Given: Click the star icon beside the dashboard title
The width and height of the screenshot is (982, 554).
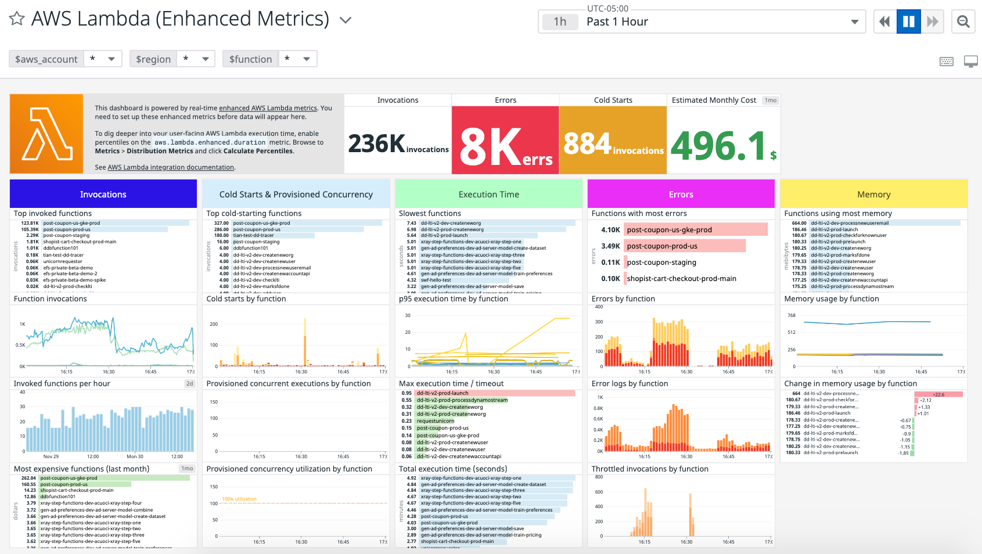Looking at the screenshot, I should click(17, 19).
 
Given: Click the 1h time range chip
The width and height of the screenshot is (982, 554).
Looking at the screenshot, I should click(560, 22).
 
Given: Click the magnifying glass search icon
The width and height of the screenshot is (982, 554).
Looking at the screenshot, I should click(963, 22).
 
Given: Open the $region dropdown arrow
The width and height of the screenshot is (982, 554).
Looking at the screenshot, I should click(205, 59).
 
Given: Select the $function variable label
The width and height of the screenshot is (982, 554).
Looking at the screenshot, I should click(250, 59).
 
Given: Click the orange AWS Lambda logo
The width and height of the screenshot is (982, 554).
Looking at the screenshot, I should click(46, 134).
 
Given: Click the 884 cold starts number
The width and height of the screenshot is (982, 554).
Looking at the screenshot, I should click(588, 143).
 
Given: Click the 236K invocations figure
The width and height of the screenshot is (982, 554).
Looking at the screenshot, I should click(377, 144).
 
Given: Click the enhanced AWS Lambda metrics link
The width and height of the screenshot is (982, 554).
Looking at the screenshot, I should click(268, 108).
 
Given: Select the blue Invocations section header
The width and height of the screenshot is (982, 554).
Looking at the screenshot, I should click(103, 194).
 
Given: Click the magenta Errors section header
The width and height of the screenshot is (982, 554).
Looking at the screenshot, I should click(681, 194).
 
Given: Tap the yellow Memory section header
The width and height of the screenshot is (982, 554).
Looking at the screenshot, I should click(873, 194).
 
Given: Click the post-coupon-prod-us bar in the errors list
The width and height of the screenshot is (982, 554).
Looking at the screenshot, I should click(684, 246).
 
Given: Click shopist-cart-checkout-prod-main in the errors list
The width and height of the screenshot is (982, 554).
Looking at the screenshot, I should click(681, 279).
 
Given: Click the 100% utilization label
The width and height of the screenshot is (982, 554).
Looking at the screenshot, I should click(239, 499).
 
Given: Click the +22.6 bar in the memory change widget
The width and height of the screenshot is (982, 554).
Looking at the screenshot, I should click(938, 394).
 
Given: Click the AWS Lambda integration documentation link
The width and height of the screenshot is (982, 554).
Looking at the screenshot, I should click(171, 167).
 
